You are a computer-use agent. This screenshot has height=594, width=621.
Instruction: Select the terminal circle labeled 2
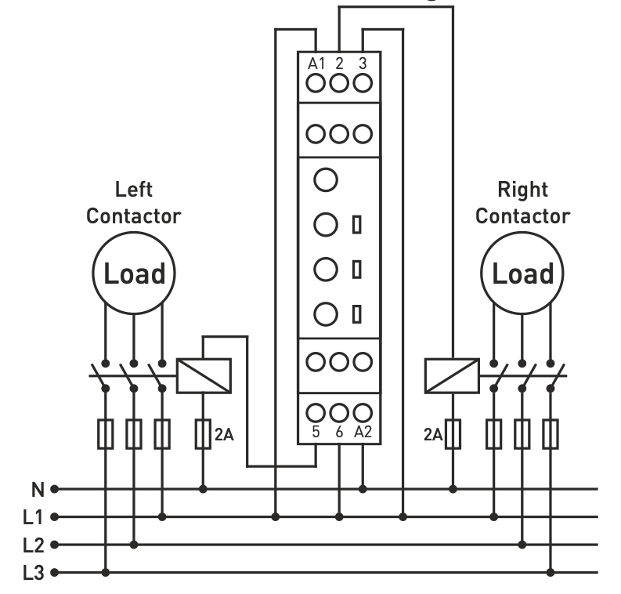point(338,81)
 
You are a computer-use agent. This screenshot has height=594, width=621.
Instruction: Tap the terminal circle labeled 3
point(362,81)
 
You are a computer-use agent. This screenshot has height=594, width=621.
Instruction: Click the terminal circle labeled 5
point(316,411)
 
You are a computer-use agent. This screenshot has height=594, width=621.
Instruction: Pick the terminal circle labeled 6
point(338,411)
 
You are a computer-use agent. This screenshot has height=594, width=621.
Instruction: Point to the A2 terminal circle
point(362,411)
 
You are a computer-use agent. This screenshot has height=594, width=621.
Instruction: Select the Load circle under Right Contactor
point(522,274)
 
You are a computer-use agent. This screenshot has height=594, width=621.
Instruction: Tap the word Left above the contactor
point(133,190)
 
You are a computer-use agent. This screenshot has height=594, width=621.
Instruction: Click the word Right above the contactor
point(522,190)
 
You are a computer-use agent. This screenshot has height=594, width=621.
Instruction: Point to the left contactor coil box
point(204,375)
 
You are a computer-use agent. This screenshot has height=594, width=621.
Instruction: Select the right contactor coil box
point(451,375)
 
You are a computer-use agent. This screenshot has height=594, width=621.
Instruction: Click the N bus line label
point(37,490)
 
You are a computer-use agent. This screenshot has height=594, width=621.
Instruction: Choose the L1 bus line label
point(33,517)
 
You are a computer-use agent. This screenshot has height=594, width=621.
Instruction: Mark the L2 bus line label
point(33,545)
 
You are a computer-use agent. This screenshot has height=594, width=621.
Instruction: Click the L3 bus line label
point(33,572)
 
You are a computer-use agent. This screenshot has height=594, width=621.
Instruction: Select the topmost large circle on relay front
point(325,179)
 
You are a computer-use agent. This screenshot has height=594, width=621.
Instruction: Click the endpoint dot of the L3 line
point(54,572)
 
